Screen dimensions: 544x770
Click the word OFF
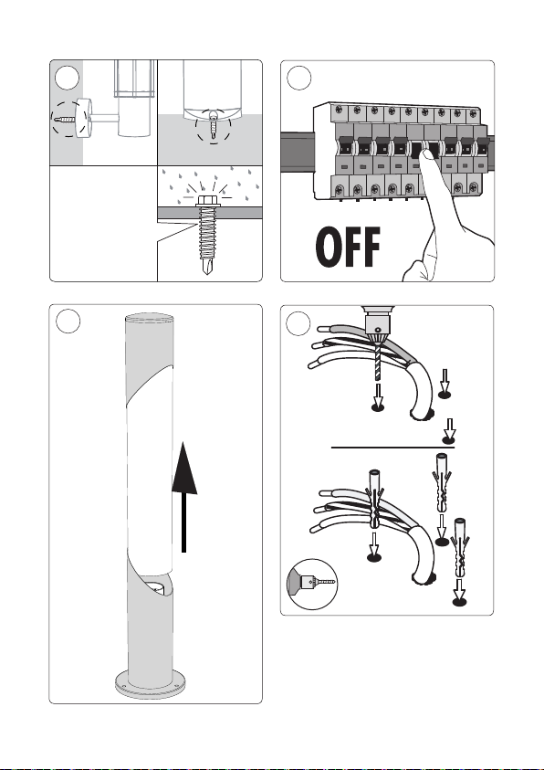(x=349, y=247)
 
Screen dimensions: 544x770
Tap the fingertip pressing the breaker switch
(x=428, y=157)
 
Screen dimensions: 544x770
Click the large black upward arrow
(x=184, y=497)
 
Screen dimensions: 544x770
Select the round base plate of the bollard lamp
(x=151, y=683)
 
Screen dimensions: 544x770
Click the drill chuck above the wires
(x=377, y=324)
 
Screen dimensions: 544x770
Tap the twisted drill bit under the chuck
(x=377, y=362)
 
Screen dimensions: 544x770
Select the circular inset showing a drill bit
(x=312, y=584)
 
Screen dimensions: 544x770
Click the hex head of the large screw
(x=207, y=200)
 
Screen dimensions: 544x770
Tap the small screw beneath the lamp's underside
(x=213, y=123)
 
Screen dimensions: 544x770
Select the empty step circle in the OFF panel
(x=298, y=78)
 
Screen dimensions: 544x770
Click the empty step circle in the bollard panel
(x=68, y=322)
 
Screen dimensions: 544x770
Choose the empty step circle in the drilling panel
(x=298, y=323)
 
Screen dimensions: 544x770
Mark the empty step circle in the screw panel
(x=68, y=78)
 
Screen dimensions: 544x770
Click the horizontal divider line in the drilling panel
(x=392, y=448)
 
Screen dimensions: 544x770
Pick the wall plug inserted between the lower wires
(x=375, y=500)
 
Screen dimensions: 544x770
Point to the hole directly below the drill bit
(x=378, y=407)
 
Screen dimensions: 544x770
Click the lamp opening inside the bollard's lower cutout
(x=157, y=586)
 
